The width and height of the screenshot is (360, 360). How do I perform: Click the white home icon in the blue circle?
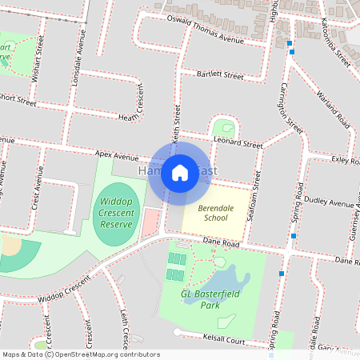point(180,173)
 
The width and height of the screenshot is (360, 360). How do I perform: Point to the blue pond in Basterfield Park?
point(221,279)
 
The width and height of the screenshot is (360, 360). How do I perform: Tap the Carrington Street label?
point(290,108)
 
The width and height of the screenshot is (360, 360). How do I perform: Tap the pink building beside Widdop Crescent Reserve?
point(150,221)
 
